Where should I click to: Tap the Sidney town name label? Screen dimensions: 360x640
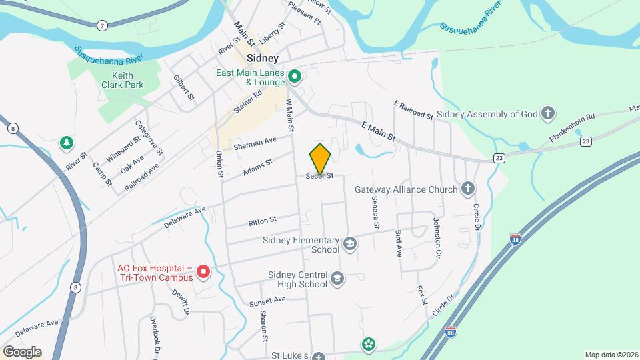[x=262, y=58]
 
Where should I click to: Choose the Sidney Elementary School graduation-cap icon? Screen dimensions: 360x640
[x=350, y=245]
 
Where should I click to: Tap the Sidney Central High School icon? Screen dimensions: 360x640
[x=338, y=279]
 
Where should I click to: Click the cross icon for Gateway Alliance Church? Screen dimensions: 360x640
[x=468, y=189]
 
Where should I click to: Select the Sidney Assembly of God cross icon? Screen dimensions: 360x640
[x=548, y=113]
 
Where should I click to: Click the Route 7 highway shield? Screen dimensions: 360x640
[x=101, y=26]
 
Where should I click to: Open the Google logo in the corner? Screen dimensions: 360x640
[x=21, y=352]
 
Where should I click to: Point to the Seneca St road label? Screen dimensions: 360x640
[x=375, y=216]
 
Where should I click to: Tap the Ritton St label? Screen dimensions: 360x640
[x=262, y=219]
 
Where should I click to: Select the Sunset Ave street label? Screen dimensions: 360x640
[x=267, y=301]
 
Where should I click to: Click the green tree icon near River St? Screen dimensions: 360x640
[x=66, y=142]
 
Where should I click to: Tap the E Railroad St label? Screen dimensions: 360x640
[x=413, y=109]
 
